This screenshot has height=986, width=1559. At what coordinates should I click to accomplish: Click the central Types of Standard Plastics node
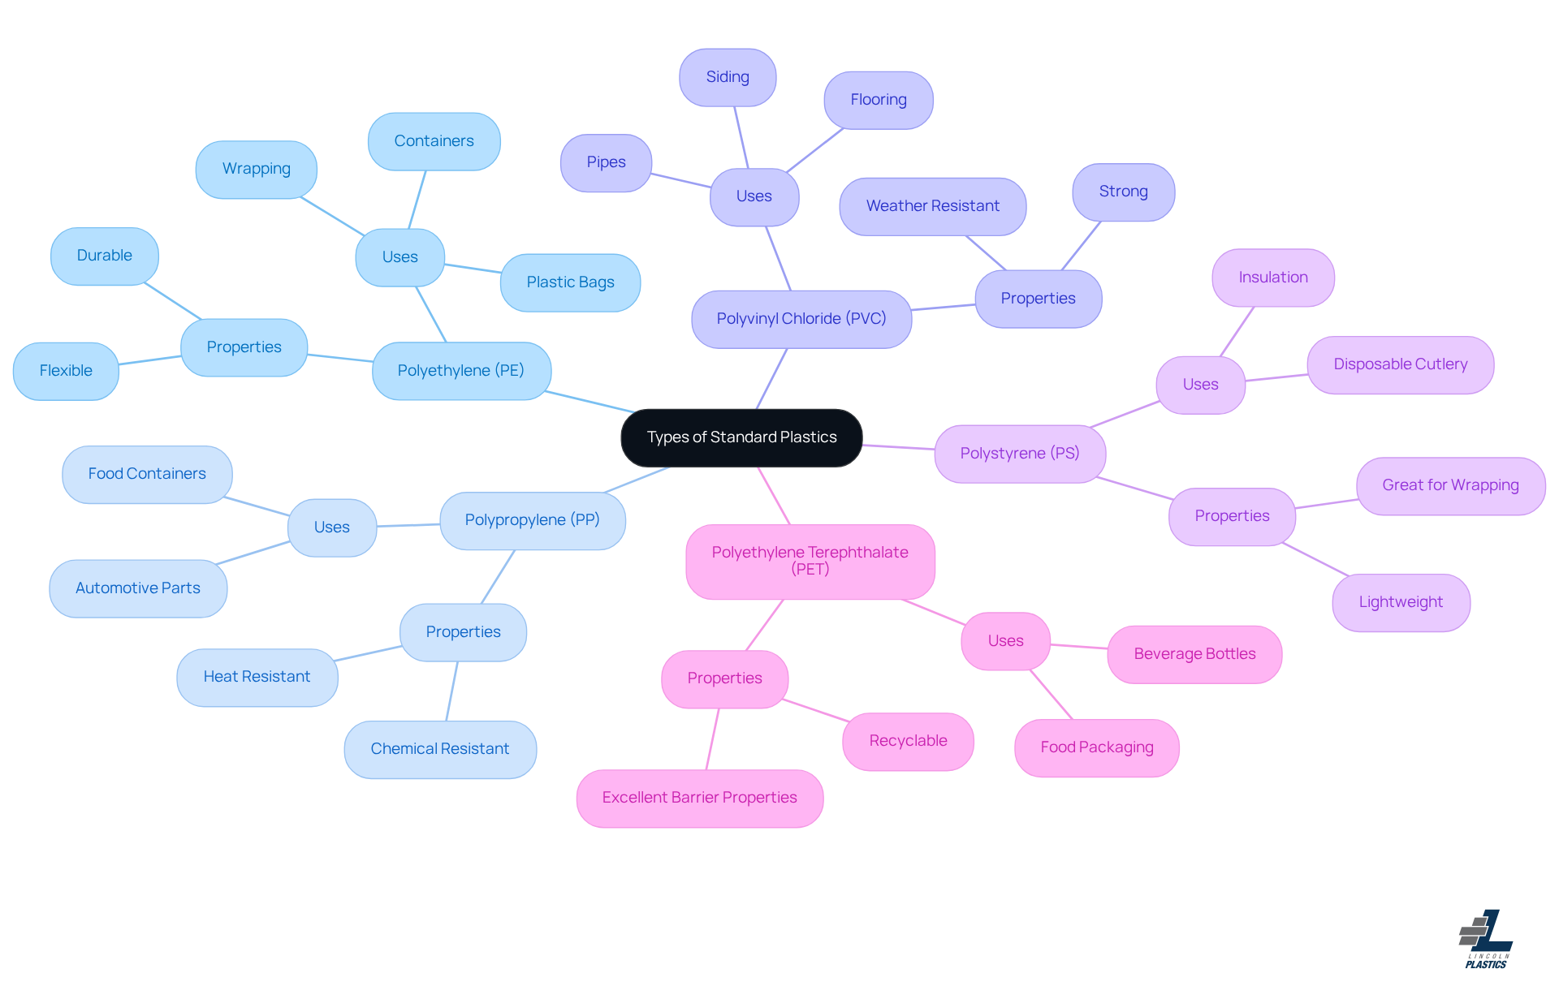point(741,437)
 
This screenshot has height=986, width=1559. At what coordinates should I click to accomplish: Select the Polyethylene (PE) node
point(461,371)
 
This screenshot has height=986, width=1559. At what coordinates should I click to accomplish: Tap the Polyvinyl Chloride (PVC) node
point(801,319)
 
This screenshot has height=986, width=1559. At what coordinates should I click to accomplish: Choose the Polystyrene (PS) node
point(1020,454)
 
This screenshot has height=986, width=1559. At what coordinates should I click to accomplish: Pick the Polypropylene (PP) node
point(532,520)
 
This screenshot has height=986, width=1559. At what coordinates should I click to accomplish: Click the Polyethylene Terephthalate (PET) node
point(810,561)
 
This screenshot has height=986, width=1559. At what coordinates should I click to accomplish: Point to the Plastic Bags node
point(570,282)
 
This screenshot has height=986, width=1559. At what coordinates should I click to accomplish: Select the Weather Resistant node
point(932,206)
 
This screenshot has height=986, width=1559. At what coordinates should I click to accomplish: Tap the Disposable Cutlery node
point(1400,364)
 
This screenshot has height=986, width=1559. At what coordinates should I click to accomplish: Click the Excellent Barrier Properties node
point(699,798)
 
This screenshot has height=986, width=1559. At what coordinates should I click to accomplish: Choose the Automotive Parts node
point(138,588)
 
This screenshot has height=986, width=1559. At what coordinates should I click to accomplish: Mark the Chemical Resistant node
point(439,749)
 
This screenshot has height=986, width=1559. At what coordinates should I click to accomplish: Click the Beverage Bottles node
point(1194,654)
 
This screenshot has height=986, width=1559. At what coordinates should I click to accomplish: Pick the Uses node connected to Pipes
point(754,196)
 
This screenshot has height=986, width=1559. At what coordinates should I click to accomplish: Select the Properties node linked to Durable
point(244,347)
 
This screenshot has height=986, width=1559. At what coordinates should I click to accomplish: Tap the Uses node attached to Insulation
point(1200,385)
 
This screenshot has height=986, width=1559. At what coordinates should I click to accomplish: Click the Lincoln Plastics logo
point(1486,939)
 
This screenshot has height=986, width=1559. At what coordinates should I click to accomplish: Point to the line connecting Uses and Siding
point(741,137)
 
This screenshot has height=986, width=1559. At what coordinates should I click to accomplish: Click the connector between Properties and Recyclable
point(816,710)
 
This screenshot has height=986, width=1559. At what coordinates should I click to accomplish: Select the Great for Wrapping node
point(1450,485)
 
